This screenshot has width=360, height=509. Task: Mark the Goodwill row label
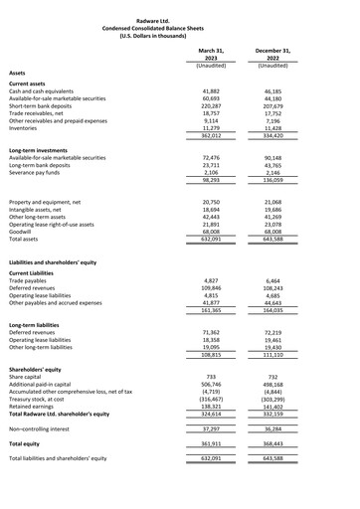(23, 232)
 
